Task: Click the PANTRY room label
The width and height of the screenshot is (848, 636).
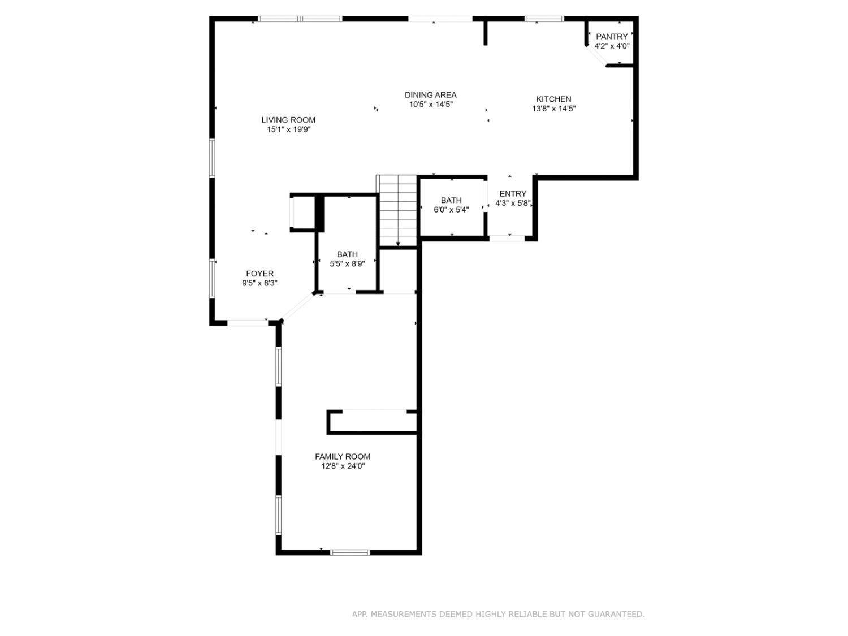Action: click(x=612, y=37)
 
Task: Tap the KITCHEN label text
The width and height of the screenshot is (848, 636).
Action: click(x=553, y=99)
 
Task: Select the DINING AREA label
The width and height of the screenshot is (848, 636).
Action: click(x=430, y=95)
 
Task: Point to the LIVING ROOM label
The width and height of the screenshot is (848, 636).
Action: click(x=288, y=120)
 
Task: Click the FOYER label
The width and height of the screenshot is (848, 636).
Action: click(x=259, y=274)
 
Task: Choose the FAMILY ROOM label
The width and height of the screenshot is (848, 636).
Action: click(x=343, y=457)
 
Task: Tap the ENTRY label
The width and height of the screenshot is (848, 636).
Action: click(x=513, y=194)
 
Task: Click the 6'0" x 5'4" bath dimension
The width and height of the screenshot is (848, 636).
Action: click(x=451, y=210)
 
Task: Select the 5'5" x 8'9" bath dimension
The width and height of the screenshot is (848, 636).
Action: click(x=347, y=263)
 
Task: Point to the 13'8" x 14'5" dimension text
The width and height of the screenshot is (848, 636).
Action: click(x=553, y=109)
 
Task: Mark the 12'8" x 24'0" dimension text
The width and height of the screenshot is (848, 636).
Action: click(x=343, y=466)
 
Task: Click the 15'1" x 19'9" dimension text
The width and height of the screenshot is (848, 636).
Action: click(x=289, y=129)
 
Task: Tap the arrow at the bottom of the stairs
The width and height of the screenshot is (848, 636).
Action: click(x=398, y=243)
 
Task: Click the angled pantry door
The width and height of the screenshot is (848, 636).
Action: click(x=597, y=57)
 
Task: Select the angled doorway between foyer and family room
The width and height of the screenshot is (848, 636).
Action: click(x=297, y=307)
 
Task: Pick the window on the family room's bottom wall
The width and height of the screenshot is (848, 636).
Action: click(x=350, y=552)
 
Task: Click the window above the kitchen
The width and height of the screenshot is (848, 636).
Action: click(x=544, y=19)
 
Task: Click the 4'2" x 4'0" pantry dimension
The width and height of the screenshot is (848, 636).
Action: click(x=612, y=46)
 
